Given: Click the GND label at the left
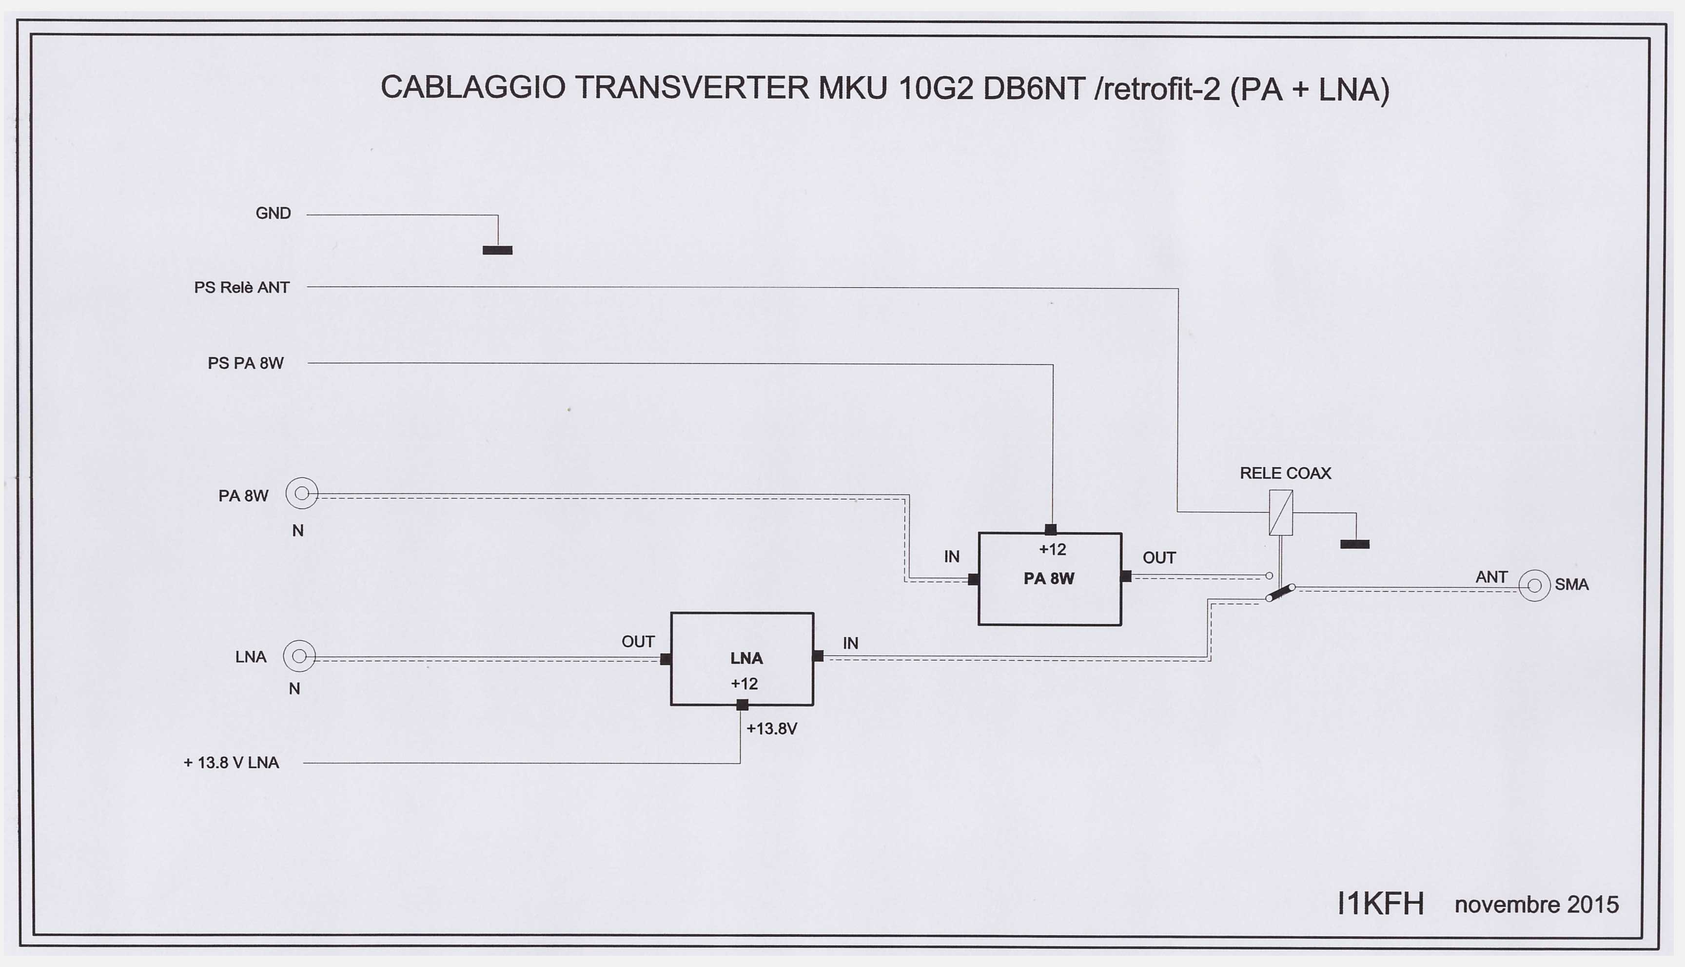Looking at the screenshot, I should click(273, 213).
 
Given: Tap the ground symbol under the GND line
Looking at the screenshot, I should click(497, 250).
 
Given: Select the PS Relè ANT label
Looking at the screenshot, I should click(242, 288).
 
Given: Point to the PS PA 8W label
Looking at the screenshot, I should click(246, 363).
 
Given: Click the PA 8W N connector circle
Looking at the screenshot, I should click(302, 493).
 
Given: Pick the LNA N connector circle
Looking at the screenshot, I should click(299, 656).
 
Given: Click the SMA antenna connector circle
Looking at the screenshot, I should click(1534, 586).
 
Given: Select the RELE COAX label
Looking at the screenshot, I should click(1285, 473).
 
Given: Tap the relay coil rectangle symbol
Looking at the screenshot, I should click(1281, 512).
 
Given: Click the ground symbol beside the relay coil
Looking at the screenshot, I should click(1355, 544).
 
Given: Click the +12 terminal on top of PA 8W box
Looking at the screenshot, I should click(1050, 529).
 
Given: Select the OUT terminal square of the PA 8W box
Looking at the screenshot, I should click(1126, 576).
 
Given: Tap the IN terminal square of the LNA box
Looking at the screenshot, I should click(818, 655).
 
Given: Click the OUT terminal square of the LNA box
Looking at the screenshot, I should click(665, 659).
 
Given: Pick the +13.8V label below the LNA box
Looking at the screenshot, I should click(771, 729).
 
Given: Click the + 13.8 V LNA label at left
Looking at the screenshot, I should click(231, 763).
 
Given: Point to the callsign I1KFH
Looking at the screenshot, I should click(1381, 904).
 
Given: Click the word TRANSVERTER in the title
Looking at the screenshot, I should click(692, 88).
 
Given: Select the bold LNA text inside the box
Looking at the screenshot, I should click(746, 658).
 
